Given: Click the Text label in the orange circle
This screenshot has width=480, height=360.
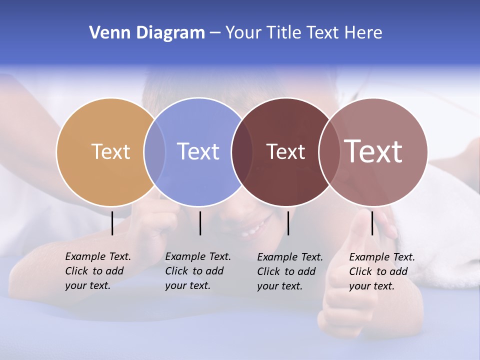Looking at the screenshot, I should point(110,151).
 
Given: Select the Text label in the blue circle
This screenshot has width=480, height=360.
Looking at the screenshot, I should point(198,151).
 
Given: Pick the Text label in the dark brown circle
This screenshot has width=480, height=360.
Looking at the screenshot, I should point(285,151).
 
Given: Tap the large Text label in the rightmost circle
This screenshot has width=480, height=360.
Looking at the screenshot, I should point(373,151).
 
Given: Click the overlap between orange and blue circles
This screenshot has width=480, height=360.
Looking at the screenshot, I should point(154,152).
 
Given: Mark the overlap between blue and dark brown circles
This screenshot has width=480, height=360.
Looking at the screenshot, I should point(242,152).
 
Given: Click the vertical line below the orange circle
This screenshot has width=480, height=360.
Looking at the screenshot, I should point(112,223).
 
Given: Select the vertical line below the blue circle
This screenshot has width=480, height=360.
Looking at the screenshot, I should point(200,223).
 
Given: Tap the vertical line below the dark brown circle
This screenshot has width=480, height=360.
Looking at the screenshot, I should point(288,223).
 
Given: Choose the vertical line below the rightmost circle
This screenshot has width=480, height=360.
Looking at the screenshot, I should point(372,223).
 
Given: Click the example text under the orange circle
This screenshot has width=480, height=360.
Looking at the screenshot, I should point(98,271).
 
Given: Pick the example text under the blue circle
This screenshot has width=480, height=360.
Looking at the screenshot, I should point(198,271).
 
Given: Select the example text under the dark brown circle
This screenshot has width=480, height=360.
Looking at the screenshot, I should point(290,271).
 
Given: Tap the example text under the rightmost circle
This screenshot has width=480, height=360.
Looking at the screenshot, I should point(382,271).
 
